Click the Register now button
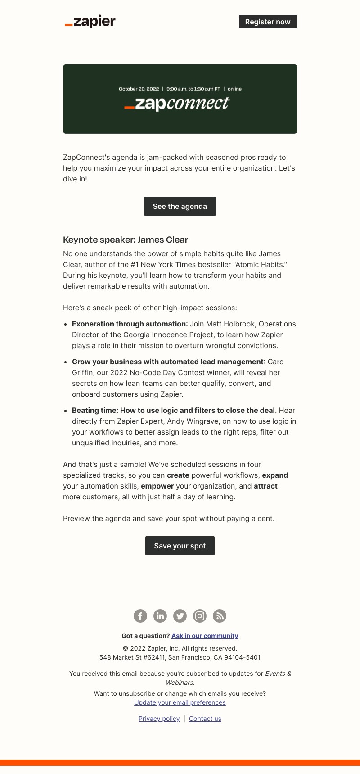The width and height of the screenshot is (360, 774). [x=268, y=22]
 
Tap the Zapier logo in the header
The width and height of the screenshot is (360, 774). [x=90, y=22]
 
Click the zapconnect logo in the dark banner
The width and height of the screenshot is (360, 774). [x=176, y=104]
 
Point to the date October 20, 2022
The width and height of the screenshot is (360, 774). [x=139, y=89]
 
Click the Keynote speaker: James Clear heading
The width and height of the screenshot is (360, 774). [x=126, y=240]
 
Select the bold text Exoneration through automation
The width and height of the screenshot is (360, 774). [x=129, y=324]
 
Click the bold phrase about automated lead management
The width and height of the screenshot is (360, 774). [x=167, y=362]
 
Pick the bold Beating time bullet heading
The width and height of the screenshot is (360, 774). [x=173, y=410]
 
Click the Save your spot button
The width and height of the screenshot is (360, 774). [x=180, y=546]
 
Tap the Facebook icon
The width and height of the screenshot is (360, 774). [x=140, y=616]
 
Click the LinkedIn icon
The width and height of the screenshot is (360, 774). [x=160, y=616]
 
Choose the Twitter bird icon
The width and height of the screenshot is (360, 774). [x=180, y=616]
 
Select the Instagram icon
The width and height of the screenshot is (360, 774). [x=200, y=616]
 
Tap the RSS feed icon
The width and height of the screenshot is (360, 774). [x=220, y=616]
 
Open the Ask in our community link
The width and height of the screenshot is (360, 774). [x=205, y=636]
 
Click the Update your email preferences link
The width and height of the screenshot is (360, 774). [x=180, y=702]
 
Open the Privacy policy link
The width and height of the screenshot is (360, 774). [x=159, y=719]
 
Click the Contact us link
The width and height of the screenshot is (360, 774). [x=205, y=719]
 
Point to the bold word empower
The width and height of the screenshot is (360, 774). [x=157, y=486]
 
